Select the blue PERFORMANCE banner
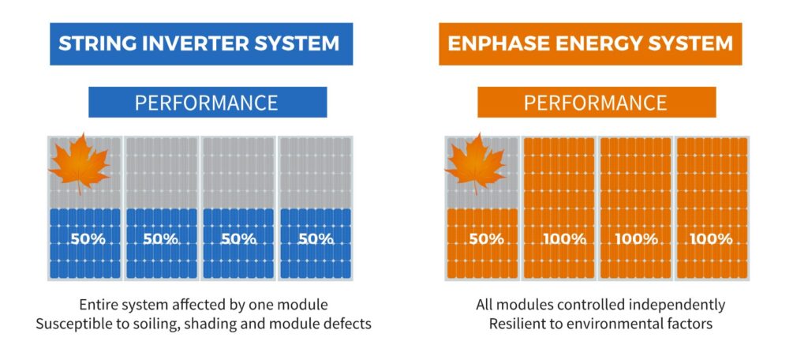tap(208, 102)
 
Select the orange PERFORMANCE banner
tap(597, 102)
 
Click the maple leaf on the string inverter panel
tap(80, 163)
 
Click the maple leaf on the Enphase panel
tap(476, 163)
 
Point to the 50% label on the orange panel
tap(486, 239)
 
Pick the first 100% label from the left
tap(564, 239)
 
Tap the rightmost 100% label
tap(711, 239)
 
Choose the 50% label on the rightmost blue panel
tap(316, 239)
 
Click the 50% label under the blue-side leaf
tap(88, 239)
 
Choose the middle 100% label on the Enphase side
tap(637, 239)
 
